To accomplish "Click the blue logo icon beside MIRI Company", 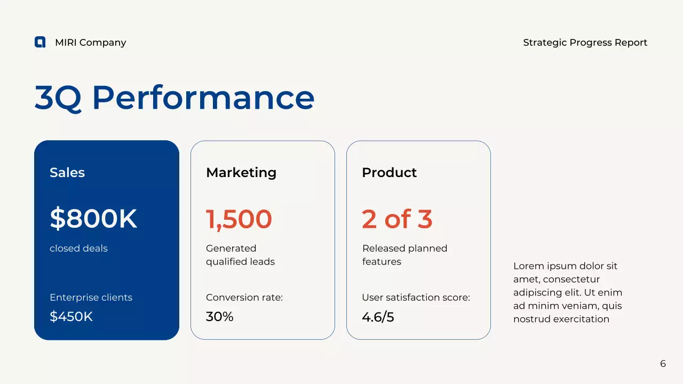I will tap(40, 42).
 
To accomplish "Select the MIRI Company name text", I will tap(90, 43).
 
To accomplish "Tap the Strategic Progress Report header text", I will tap(585, 43).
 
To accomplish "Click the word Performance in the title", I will tap(203, 98).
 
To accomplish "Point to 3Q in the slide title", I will tap(58, 98).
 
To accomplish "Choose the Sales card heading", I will tap(67, 172).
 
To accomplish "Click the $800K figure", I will tap(93, 219).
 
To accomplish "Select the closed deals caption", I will tap(78, 249).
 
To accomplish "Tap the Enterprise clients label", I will tap(91, 298).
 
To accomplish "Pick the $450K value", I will tap(71, 317).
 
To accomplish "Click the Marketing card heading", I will tap(241, 172).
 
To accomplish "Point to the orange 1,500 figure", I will tap(239, 219).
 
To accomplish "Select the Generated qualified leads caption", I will tap(240, 255).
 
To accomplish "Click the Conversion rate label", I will tap(244, 298).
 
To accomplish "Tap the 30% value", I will tap(220, 317).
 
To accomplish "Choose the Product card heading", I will tap(389, 172).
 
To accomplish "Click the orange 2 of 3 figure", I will tap(397, 219).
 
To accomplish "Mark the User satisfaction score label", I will tap(416, 298).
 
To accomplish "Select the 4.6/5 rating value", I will tap(378, 317).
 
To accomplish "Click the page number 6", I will tap(663, 364).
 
